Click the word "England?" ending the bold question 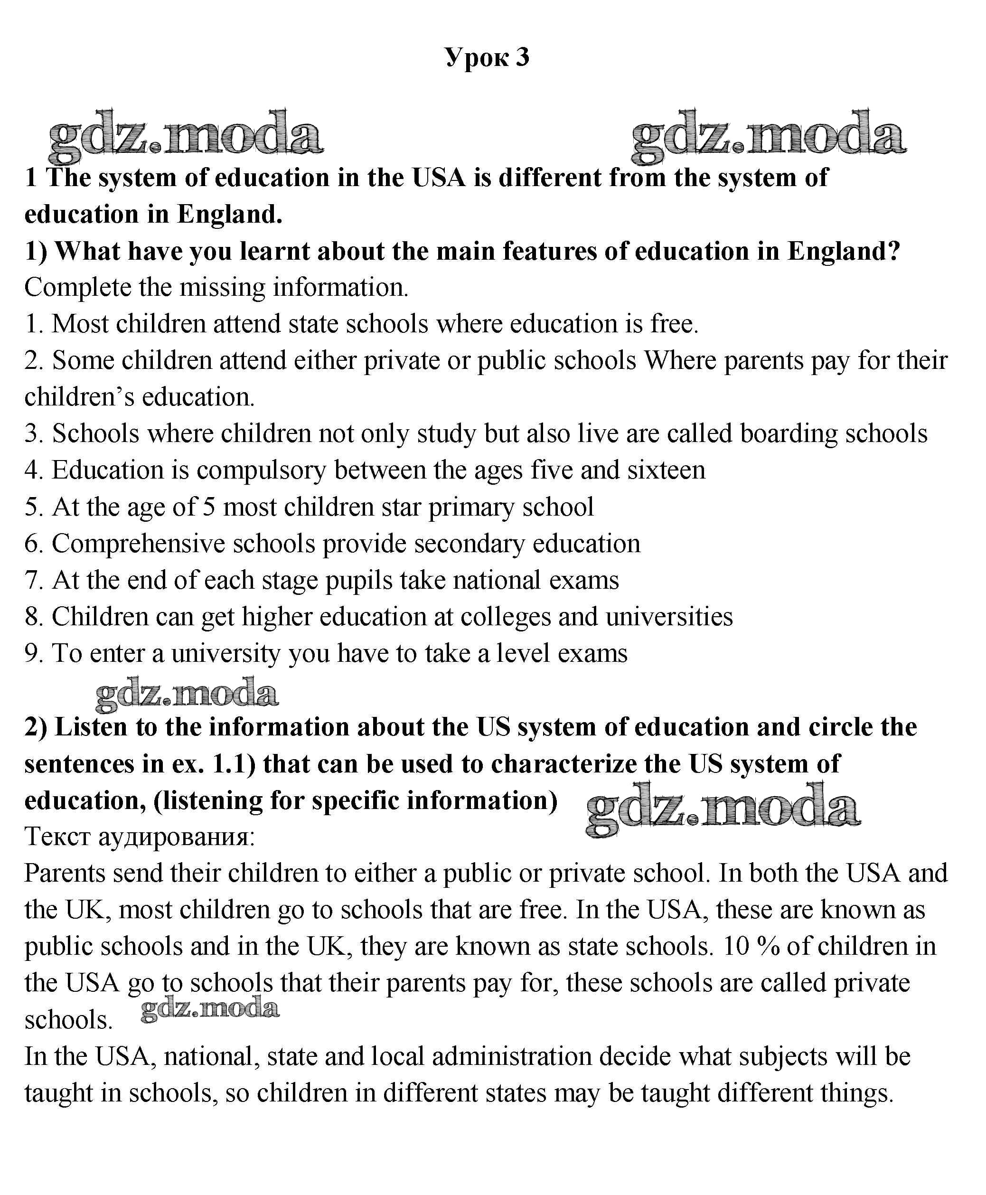click(x=844, y=251)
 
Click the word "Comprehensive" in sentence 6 click(x=139, y=544)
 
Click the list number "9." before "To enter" click(x=34, y=653)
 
